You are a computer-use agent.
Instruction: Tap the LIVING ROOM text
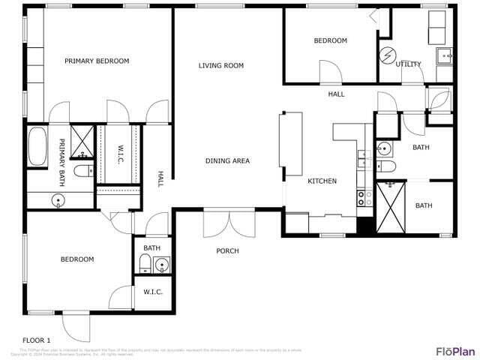coord(221,66)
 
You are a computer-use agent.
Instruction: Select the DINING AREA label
coord(227,161)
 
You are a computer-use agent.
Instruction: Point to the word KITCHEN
coord(322,181)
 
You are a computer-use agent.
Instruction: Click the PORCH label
coord(227,250)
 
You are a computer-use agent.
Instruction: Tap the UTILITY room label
coord(409,64)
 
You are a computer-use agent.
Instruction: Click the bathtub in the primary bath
coord(37,146)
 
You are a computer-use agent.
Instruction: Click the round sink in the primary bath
coord(58,200)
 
